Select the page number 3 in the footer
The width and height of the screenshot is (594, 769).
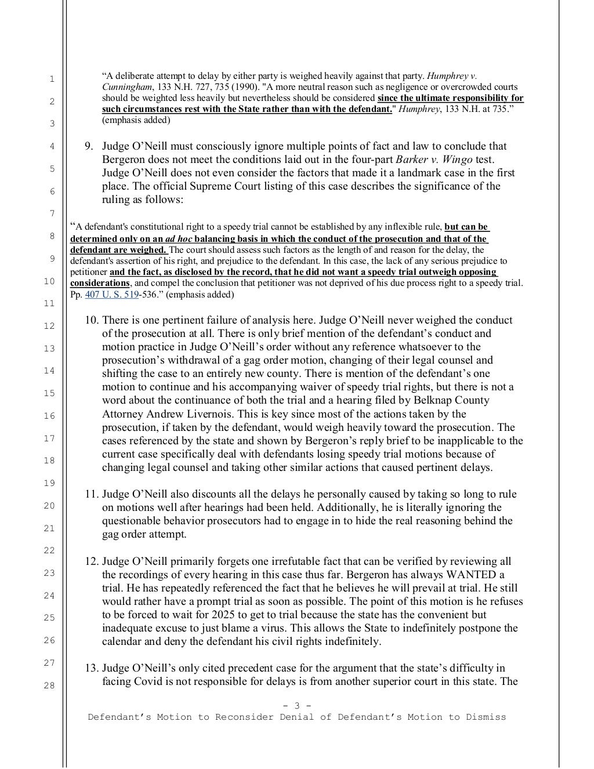tap(297, 706)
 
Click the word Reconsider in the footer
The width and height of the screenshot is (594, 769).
tap(243, 717)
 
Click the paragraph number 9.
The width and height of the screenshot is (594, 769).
tap(88, 146)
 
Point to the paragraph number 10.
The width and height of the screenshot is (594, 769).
tap(92, 320)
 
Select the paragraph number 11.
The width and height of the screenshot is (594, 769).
tap(92, 494)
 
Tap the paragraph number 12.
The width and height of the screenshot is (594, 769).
tap(92, 561)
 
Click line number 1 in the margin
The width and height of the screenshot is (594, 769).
tap(51, 78)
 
